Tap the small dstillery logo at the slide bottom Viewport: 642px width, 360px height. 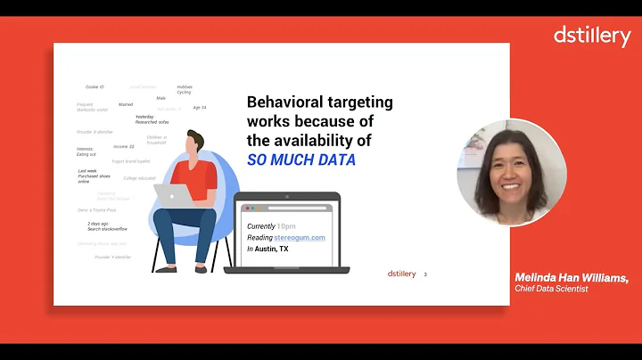[x=402, y=274]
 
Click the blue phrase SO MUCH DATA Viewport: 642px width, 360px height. [x=300, y=160]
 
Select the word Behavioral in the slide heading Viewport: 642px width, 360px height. [x=283, y=102]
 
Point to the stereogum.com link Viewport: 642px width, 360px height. [x=300, y=237]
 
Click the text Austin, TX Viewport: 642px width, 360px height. [x=271, y=249]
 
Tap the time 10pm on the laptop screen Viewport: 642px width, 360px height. [x=286, y=226]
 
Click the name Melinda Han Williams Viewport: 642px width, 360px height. [x=571, y=278]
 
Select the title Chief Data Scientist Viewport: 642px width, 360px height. [x=551, y=289]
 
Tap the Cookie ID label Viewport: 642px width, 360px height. [x=95, y=86]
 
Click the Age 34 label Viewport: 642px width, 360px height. [x=199, y=108]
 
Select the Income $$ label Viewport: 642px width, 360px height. [x=123, y=146]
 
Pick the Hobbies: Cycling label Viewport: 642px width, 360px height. [x=185, y=89]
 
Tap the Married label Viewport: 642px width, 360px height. [x=126, y=104]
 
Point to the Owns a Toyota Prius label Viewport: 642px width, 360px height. [x=97, y=210]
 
